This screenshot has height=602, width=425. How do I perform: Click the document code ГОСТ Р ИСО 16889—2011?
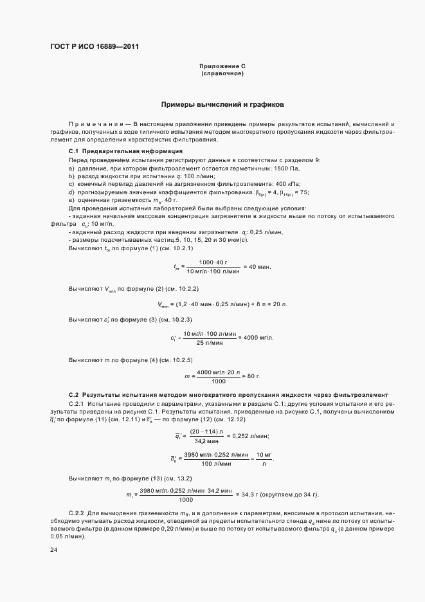pyautogui.click(x=95, y=47)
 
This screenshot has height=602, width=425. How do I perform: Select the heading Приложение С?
pyautogui.click(x=222, y=66)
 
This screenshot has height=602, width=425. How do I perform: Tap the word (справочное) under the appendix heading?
pyautogui.click(x=222, y=74)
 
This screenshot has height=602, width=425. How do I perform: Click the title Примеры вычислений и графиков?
pyautogui.click(x=222, y=104)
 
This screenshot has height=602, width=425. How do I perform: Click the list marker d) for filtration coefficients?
pyautogui.click(x=71, y=192)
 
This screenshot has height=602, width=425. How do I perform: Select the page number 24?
pyautogui.click(x=55, y=550)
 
